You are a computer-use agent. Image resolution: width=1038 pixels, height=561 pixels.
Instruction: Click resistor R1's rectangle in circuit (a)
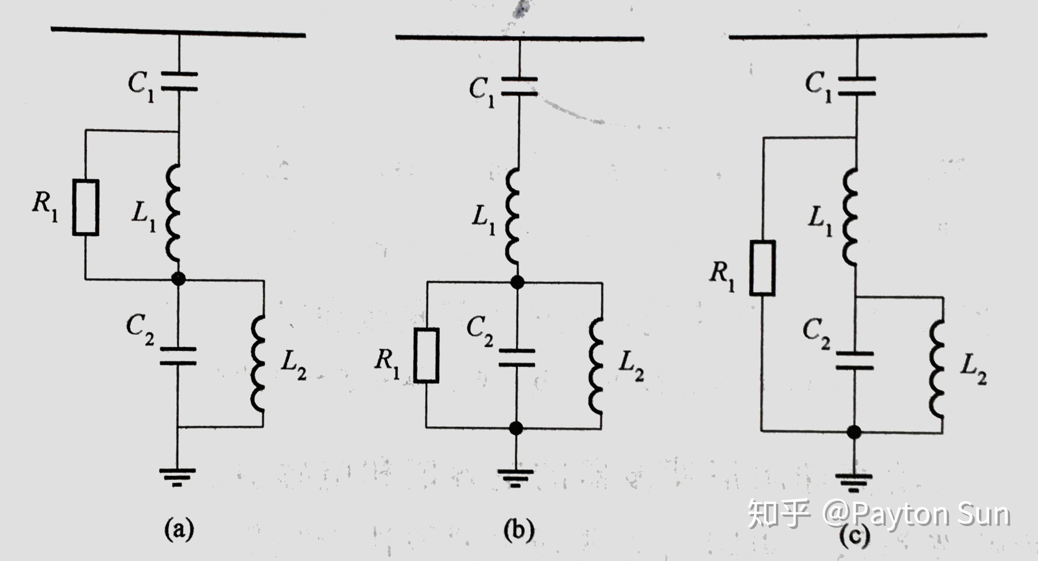(x=86, y=208)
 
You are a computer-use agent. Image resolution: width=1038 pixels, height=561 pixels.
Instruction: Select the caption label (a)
(x=179, y=529)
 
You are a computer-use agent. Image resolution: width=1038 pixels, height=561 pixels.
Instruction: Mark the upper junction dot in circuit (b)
(x=517, y=282)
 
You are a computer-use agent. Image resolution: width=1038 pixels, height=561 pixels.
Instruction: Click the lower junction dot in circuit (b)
(x=516, y=428)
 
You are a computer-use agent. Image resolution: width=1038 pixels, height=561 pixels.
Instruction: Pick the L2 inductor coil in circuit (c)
(x=937, y=369)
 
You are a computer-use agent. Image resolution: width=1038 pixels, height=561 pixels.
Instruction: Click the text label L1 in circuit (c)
(x=820, y=221)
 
